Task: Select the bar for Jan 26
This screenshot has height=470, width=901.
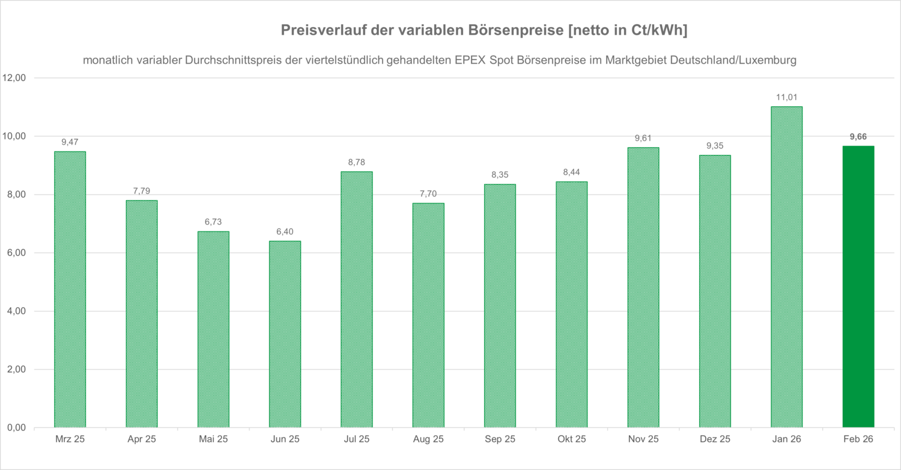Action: pyautogui.click(x=786, y=267)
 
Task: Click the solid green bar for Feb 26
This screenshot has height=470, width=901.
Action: pyautogui.click(x=858, y=287)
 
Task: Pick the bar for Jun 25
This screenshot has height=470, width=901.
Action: pyautogui.click(x=285, y=334)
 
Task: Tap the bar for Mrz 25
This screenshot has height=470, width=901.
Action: pyautogui.click(x=70, y=290)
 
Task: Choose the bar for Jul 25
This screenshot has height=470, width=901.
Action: pyautogui.click(x=356, y=299)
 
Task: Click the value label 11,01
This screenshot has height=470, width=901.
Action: pyautogui.click(x=786, y=97)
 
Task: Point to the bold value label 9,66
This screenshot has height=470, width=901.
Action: pyautogui.click(x=858, y=136)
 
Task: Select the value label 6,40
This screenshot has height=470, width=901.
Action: pyautogui.click(x=285, y=231)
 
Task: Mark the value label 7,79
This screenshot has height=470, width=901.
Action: pyautogui.click(x=142, y=191)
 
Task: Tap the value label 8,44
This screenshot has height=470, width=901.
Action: pyautogui.click(x=571, y=172)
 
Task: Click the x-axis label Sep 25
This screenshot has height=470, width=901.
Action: pyautogui.click(x=500, y=440)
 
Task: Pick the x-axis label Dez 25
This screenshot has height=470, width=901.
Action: pyautogui.click(x=715, y=440)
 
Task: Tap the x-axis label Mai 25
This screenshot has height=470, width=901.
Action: pyautogui.click(x=213, y=440)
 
